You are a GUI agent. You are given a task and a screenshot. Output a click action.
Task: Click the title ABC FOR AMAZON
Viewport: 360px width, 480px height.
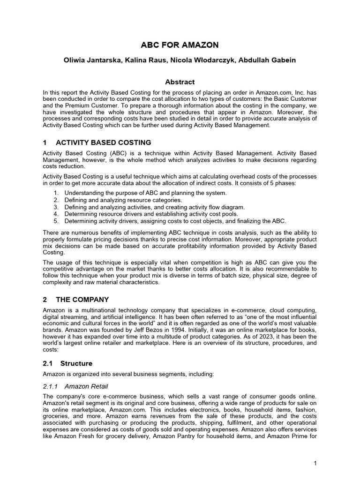[180, 45]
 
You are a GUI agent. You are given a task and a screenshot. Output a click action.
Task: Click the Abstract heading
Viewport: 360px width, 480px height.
[180, 82]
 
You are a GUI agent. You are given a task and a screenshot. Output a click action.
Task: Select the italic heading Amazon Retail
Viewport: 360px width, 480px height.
[86, 386]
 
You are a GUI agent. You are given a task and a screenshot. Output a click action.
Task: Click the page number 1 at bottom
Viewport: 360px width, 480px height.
[315, 464]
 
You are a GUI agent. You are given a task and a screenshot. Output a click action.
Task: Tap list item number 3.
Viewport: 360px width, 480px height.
[56, 207]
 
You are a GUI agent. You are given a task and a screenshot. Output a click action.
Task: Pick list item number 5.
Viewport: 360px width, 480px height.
[56, 221]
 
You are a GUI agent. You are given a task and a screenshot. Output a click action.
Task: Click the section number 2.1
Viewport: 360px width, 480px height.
[48, 363]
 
